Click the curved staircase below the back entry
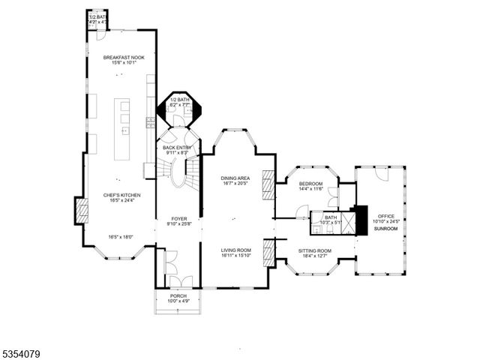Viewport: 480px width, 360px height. pyautogui.click(x=179, y=174)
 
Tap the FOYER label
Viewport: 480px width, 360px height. pyautogui.click(x=178, y=218)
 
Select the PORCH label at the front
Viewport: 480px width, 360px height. pyautogui.click(x=178, y=296)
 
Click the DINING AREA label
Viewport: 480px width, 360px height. pyautogui.click(x=235, y=178)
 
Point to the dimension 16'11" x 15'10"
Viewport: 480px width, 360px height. pyautogui.click(x=235, y=255)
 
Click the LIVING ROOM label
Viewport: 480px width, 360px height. pyautogui.click(x=235, y=250)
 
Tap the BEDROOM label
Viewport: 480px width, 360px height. pyautogui.click(x=310, y=184)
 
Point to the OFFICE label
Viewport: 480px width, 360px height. pyautogui.click(x=385, y=216)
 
